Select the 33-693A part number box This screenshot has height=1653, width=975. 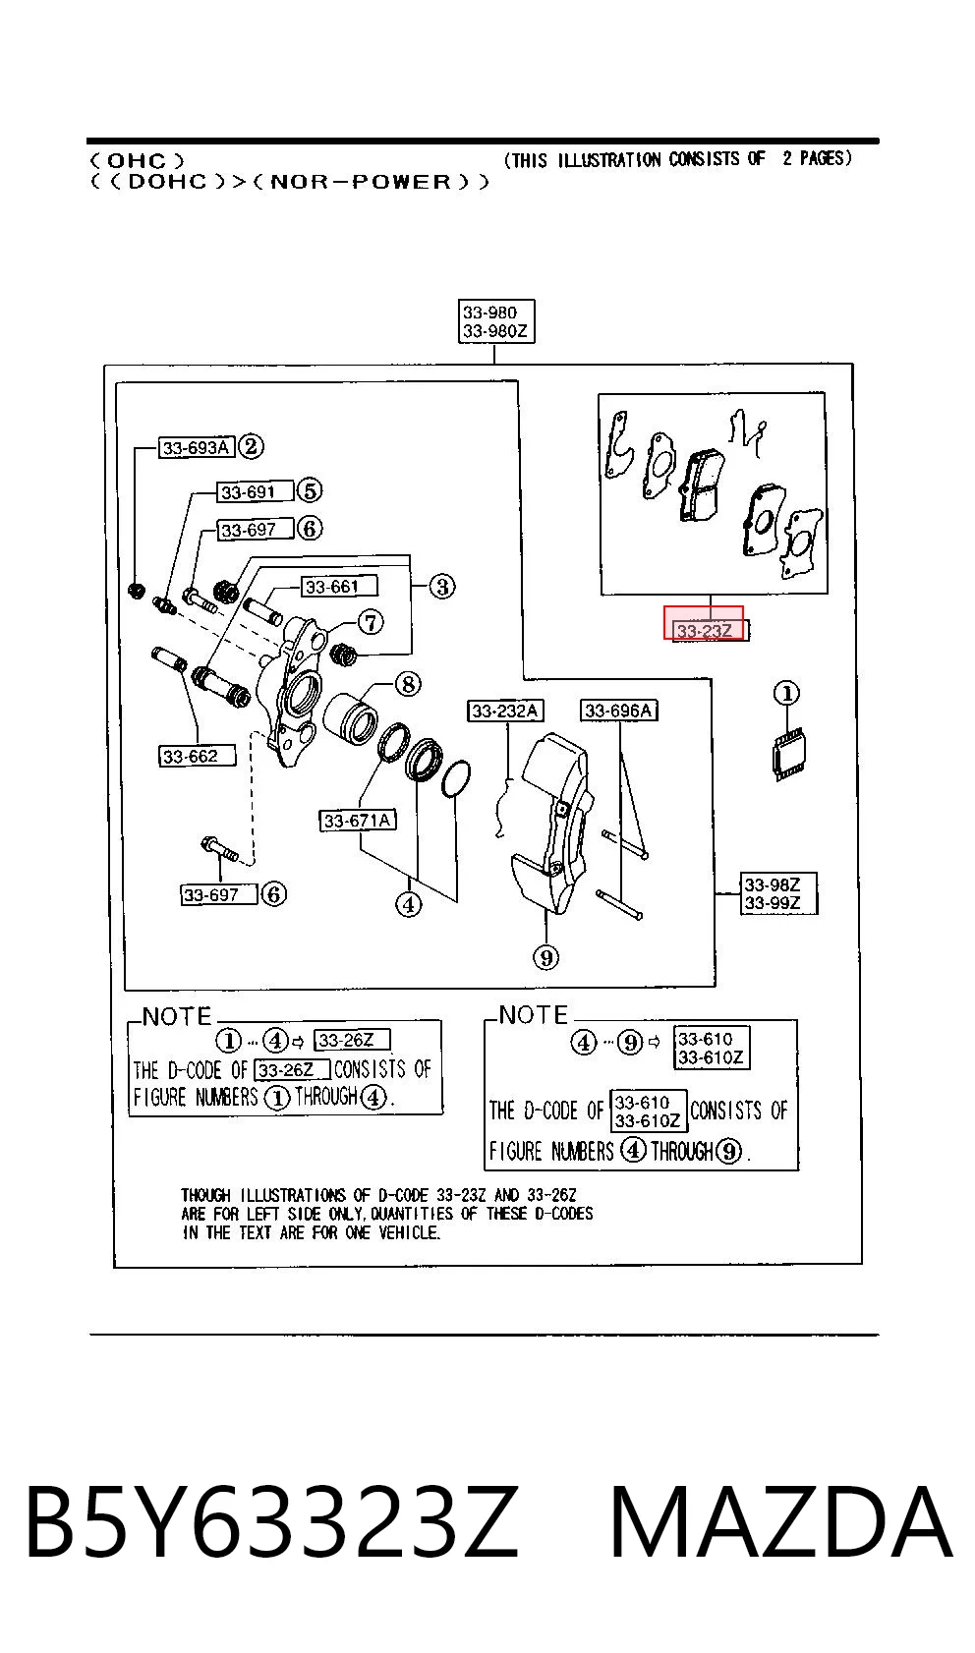click(197, 447)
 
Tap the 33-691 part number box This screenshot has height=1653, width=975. click(255, 491)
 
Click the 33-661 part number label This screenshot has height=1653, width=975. click(339, 586)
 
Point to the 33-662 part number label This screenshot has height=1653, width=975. click(198, 756)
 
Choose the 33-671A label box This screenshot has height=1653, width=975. click(358, 820)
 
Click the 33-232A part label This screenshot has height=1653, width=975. click(505, 711)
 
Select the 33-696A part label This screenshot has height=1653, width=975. click(619, 710)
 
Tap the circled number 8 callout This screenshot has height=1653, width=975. click(408, 684)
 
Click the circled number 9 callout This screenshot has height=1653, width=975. click(546, 958)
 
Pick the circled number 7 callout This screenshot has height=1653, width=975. click(371, 622)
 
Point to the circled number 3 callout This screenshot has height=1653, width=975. click(442, 587)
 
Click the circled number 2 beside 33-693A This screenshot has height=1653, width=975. click(251, 446)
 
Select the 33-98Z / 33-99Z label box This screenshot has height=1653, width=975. click(778, 893)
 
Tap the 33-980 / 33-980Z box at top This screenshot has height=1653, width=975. click(496, 321)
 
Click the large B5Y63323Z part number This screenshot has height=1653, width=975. click(273, 1522)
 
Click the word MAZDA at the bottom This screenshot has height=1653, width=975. click(781, 1522)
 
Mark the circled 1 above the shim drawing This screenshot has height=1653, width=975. click(787, 694)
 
